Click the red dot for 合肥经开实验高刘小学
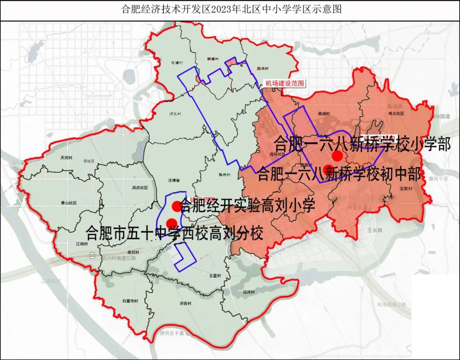coord(176,207)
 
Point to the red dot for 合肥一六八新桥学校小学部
coord(338,156)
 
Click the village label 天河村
coord(67,158)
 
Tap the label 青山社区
coord(68,203)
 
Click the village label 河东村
coord(175,114)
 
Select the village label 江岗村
coord(81,244)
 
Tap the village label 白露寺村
coord(130,301)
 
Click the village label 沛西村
coord(186,303)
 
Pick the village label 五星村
coord(215,276)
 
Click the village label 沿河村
coord(248,292)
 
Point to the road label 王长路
coord(375,230)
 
